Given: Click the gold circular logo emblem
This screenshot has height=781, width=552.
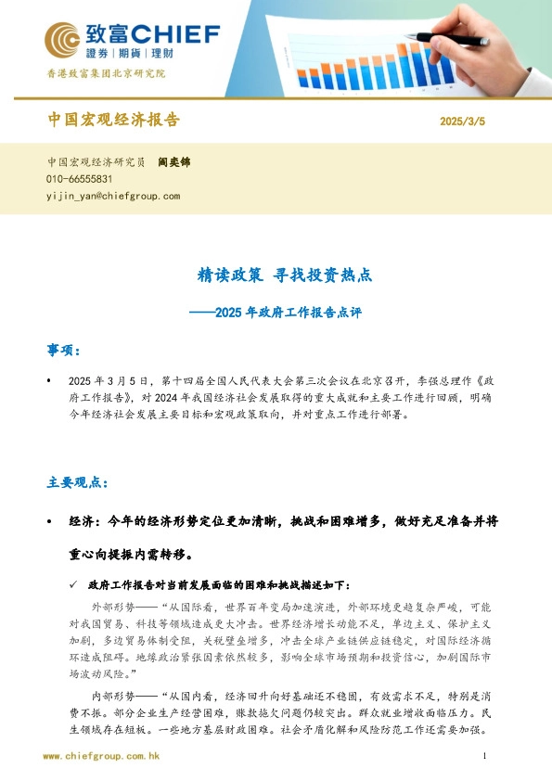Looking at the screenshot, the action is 62,40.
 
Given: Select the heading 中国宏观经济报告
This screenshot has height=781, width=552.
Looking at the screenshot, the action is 112,121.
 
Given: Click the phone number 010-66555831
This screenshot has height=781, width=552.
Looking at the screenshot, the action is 79,179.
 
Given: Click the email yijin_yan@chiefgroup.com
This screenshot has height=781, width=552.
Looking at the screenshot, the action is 112,196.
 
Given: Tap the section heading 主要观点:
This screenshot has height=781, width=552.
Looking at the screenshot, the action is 77,483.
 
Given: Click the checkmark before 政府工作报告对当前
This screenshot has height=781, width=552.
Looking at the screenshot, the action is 75,585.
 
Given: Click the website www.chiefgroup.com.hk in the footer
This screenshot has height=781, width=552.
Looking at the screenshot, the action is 102,757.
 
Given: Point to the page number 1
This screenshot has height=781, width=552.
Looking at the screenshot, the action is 485,757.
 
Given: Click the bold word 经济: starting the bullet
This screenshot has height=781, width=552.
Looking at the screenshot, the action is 87,522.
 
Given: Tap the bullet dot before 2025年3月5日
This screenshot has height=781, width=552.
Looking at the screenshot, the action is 48,381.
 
